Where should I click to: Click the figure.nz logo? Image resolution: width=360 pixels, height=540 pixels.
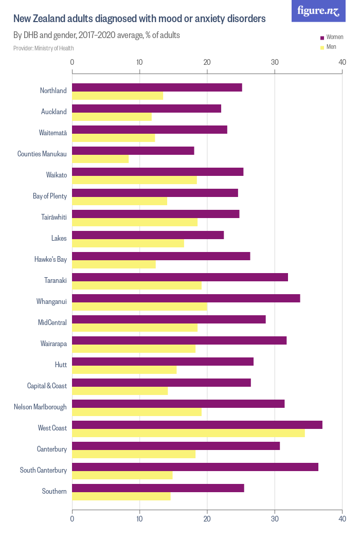(x=318, y=11)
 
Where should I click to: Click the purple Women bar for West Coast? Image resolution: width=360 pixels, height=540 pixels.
(x=197, y=425)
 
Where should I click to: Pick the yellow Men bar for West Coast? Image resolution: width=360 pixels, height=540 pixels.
(x=188, y=433)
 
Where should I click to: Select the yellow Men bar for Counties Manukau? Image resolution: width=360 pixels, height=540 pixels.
(x=100, y=159)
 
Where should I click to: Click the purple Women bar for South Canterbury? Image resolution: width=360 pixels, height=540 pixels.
(x=195, y=467)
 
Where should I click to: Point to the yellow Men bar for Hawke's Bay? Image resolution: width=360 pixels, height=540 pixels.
(x=114, y=264)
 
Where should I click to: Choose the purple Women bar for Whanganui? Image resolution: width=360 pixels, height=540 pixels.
(x=186, y=298)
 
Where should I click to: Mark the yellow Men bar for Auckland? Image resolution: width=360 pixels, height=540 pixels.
(x=112, y=117)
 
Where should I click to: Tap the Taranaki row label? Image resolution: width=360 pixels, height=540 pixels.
(x=56, y=280)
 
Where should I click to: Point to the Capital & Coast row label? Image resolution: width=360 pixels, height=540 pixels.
(x=47, y=386)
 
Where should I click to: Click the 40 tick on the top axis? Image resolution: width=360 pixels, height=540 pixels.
(x=342, y=62)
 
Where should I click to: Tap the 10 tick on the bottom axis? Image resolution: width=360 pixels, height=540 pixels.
(x=139, y=519)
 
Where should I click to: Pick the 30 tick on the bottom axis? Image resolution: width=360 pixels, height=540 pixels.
(x=275, y=519)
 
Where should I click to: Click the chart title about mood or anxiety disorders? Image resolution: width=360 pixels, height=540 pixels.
(x=139, y=19)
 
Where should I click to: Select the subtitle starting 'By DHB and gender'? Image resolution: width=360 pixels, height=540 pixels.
(x=96, y=35)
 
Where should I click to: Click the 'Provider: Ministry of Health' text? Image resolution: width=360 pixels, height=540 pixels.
(x=44, y=48)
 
